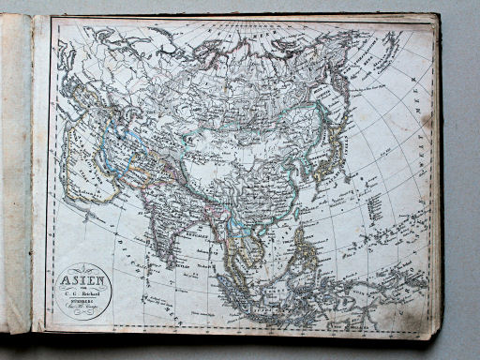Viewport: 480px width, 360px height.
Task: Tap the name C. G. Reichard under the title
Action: tap(83, 290)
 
